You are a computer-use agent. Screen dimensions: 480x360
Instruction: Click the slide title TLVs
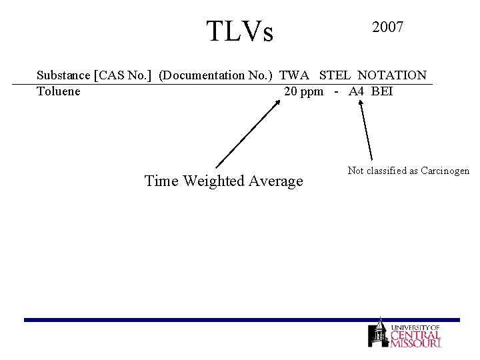pyautogui.click(x=240, y=31)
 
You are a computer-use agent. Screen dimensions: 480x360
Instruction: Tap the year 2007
pyautogui.click(x=387, y=27)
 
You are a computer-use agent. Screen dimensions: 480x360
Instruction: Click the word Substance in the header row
pyautogui.click(x=64, y=75)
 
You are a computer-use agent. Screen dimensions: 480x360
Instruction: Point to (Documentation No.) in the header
pyautogui.click(x=216, y=75)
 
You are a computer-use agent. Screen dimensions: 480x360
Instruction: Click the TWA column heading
pyautogui.click(x=295, y=75)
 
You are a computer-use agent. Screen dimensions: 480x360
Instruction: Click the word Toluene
pyautogui.click(x=59, y=91)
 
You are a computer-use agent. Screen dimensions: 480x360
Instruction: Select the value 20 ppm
pyautogui.click(x=303, y=91)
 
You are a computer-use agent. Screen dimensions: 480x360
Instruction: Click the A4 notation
pyautogui.click(x=356, y=91)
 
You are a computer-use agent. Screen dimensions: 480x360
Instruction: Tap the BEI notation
pyautogui.click(x=382, y=91)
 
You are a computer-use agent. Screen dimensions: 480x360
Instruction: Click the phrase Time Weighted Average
pyautogui.click(x=223, y=181)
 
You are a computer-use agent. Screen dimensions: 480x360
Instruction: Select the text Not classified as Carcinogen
pyautogui.click(x=409, y=171)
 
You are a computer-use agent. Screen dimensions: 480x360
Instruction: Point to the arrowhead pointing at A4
pyautogui.click(x=360, y=103)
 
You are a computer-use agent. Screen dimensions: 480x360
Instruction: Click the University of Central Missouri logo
pyautogui.click(x=405, y=333)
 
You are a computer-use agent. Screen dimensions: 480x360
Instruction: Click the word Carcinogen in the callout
pyautogui.click(x=445, y=171)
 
